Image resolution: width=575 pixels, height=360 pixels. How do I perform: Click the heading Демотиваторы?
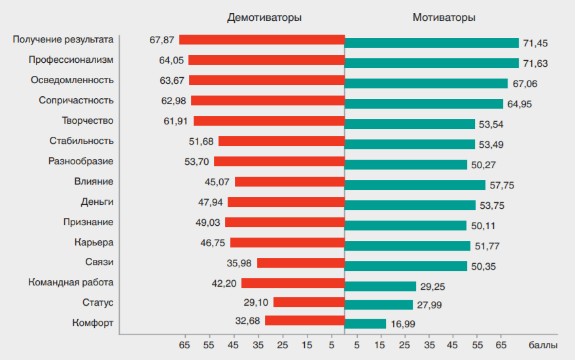[x=264, y=18]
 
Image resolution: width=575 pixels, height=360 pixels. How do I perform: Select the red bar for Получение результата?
[x=262, y=39]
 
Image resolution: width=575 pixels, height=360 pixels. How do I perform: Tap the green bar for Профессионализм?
[x=432, y=63]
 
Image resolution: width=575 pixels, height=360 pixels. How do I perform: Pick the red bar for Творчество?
[x=269, y=120]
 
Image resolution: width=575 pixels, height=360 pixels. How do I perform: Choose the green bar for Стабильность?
[x=409, y=144]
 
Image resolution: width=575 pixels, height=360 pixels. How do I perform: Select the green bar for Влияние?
[x=415, y=185]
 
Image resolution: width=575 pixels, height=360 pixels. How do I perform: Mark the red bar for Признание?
[x=285, y=222]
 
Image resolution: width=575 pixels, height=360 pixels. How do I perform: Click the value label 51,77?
[x=487, y=246]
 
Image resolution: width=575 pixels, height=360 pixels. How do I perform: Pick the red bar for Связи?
[x=301, y=262]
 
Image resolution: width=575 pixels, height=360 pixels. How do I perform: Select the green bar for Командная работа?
[x=380, y=286]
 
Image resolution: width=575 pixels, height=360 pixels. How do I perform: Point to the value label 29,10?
[x=255, y=302]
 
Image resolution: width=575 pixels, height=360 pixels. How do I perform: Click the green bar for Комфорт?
[x=365, y=323]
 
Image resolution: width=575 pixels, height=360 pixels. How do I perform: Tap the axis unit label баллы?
[x=543, y=344]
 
